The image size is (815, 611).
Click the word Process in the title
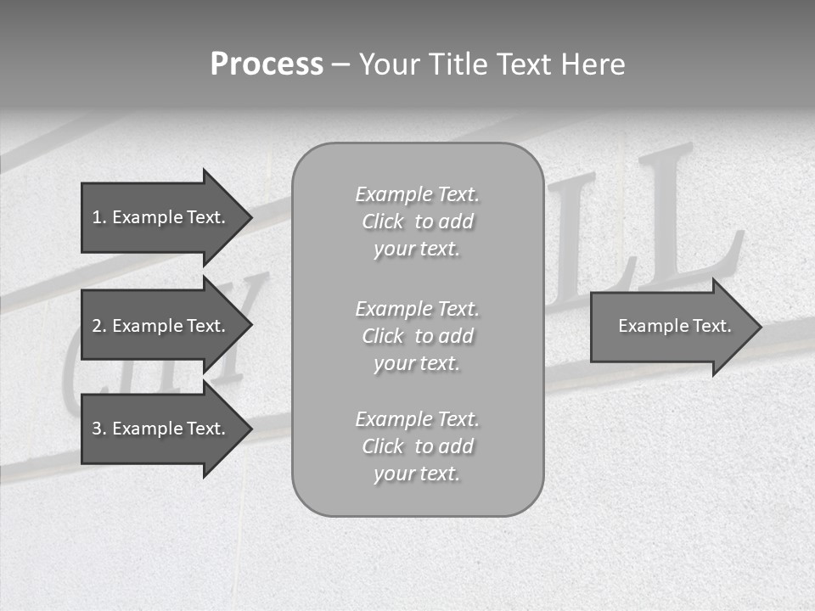(x=267, y=64)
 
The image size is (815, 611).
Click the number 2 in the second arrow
(x=97, y=326)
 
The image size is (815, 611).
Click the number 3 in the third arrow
(x=97, y=429)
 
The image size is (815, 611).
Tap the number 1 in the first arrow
(x=97, y=217)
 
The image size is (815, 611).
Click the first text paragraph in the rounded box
(x=418, y=221)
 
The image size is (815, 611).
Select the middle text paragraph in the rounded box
(x=418, y=336)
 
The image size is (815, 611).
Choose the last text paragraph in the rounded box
(x=418, y=446)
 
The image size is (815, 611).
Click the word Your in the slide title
(x=388, y=64)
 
